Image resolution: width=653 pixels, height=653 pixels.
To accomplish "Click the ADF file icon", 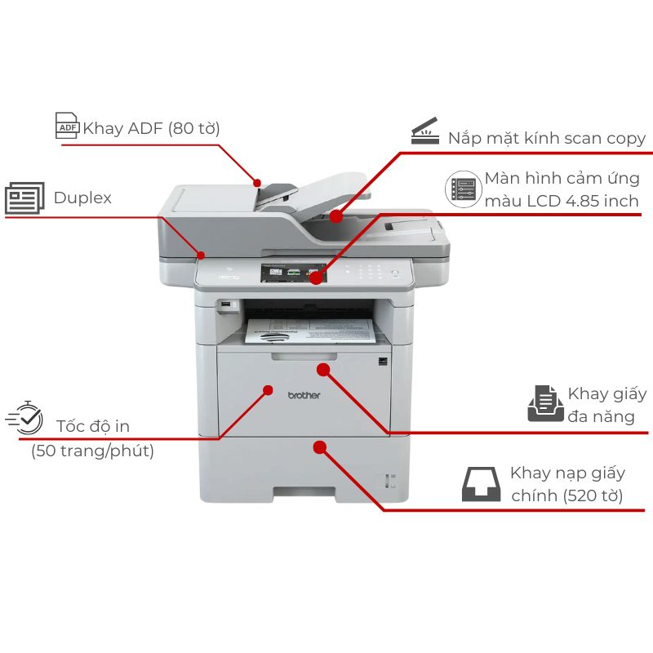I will (67, 125).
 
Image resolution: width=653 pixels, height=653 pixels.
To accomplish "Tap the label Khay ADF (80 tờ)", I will (151, 128).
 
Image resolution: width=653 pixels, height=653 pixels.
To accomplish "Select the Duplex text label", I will (82, 198).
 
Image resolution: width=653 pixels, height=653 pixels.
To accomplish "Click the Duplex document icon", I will (25, 198).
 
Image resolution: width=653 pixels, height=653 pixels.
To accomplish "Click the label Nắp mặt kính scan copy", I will (547, 138).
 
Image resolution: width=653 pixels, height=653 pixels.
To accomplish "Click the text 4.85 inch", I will (603, 200).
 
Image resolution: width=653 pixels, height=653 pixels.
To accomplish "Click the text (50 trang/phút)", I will (92, 450).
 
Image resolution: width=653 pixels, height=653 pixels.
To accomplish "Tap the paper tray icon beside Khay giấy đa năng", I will (544, 403).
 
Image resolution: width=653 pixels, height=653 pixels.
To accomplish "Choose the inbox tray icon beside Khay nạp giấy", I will (482, 484).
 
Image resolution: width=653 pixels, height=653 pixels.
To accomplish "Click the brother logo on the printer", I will (304, 395).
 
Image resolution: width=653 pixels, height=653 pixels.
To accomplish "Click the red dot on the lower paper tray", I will (320, 447).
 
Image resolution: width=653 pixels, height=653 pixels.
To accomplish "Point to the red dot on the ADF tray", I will (257, 182).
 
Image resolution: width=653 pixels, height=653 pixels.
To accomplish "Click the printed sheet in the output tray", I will (310, 331).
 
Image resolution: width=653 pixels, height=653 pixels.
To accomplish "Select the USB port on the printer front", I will (224, 306).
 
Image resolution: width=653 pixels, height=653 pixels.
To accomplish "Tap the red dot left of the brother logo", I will (267, 390).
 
